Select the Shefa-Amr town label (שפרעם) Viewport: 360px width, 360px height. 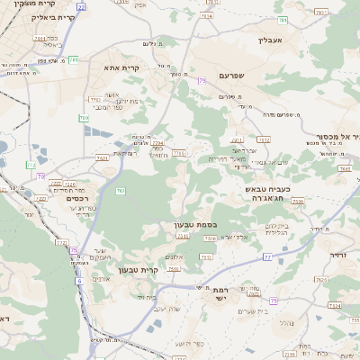tap(231, 77)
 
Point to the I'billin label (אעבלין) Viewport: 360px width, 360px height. tap(271, 40)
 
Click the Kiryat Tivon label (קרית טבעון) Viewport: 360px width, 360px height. tap(163, 270)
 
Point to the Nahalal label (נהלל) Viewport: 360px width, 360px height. tap(286, 321)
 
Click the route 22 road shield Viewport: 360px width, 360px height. tap(81, 6)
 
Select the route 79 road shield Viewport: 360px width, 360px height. tap(202, 81)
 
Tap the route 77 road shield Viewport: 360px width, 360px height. tap(267, 257)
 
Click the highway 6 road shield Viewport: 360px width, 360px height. tap(78, 281)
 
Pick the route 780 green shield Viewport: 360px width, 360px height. tap(84, 117)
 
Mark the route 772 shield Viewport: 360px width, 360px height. tap(31, 165)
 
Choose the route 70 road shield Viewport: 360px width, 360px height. tap(41, 176)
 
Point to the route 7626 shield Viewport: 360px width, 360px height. tap(298, 202)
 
